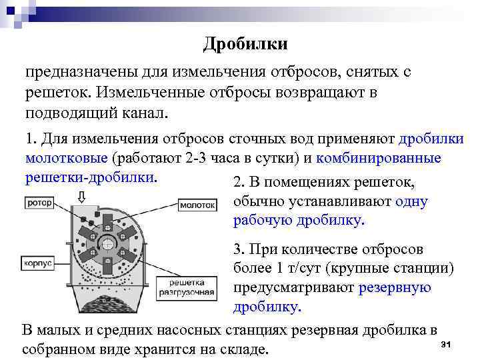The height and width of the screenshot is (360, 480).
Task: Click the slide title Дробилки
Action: [245, 44]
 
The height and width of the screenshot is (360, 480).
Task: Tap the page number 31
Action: [447, 344]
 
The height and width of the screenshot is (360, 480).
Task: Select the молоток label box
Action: [198, 205]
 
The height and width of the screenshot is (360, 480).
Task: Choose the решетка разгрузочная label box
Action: [187, 287]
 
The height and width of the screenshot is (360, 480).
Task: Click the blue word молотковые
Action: [67, 159]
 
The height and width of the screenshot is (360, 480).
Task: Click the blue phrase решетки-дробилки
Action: [91, 178]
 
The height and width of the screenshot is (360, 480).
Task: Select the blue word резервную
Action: [395, 287]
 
